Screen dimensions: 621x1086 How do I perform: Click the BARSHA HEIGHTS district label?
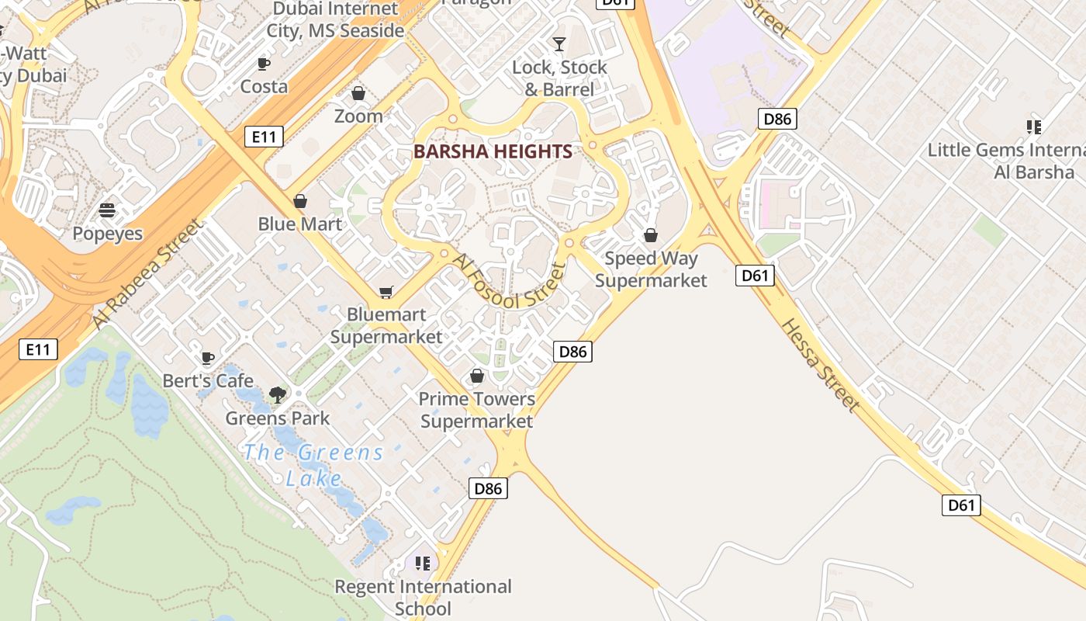coord(493,151)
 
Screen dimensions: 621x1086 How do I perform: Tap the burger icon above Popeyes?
coord(107,210)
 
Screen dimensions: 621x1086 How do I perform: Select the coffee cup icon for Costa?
coord(264,64)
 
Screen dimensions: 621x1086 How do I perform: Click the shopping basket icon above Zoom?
coord(358,93)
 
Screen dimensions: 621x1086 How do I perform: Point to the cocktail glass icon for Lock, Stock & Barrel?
coord(559,43)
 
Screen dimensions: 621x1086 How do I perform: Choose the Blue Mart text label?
coord(299,224)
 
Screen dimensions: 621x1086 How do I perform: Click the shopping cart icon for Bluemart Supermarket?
coord(386,292)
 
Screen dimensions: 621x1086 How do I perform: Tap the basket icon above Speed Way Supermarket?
coord(651,235)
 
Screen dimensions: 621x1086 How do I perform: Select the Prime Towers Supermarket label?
coord(476,410)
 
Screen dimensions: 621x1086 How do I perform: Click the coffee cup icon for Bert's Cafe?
coord(207,358)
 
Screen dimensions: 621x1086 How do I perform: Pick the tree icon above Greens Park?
coord(277,395)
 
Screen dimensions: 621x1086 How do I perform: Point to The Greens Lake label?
coord(313,464)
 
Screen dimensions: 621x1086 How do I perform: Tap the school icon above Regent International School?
coord(422,563)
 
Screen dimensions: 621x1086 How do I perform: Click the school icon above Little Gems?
coord(1033,127)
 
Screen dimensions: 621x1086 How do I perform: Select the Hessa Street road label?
coord(821,365)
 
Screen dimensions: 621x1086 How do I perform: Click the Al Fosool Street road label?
coord(509,282)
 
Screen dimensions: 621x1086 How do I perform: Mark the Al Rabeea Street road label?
coord(147,273)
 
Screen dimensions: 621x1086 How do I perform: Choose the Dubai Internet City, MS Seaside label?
coord(335,20)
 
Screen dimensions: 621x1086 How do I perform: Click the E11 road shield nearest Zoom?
coord(264,137)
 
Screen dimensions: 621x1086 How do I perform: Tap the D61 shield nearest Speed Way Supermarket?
coord(755,275)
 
